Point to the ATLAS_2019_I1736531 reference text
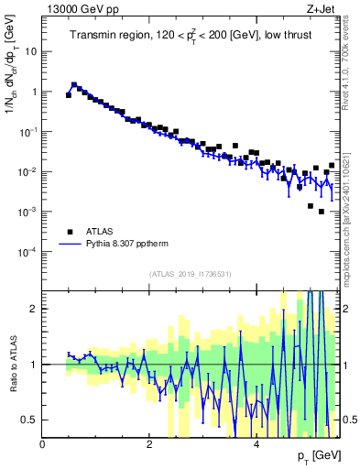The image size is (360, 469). pos(191,274)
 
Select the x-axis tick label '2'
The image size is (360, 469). pos(149,444)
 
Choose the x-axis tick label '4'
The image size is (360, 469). pos(256,444)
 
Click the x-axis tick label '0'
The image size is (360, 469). pos(43,444)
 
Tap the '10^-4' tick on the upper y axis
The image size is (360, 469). pos(28,251)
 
